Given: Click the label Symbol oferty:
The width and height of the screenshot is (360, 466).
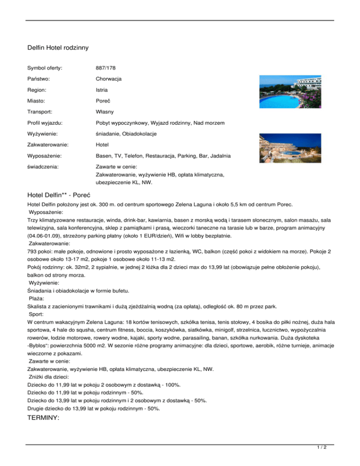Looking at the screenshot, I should [45, 68].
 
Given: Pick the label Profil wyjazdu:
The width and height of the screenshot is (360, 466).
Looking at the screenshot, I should [46, 123].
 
